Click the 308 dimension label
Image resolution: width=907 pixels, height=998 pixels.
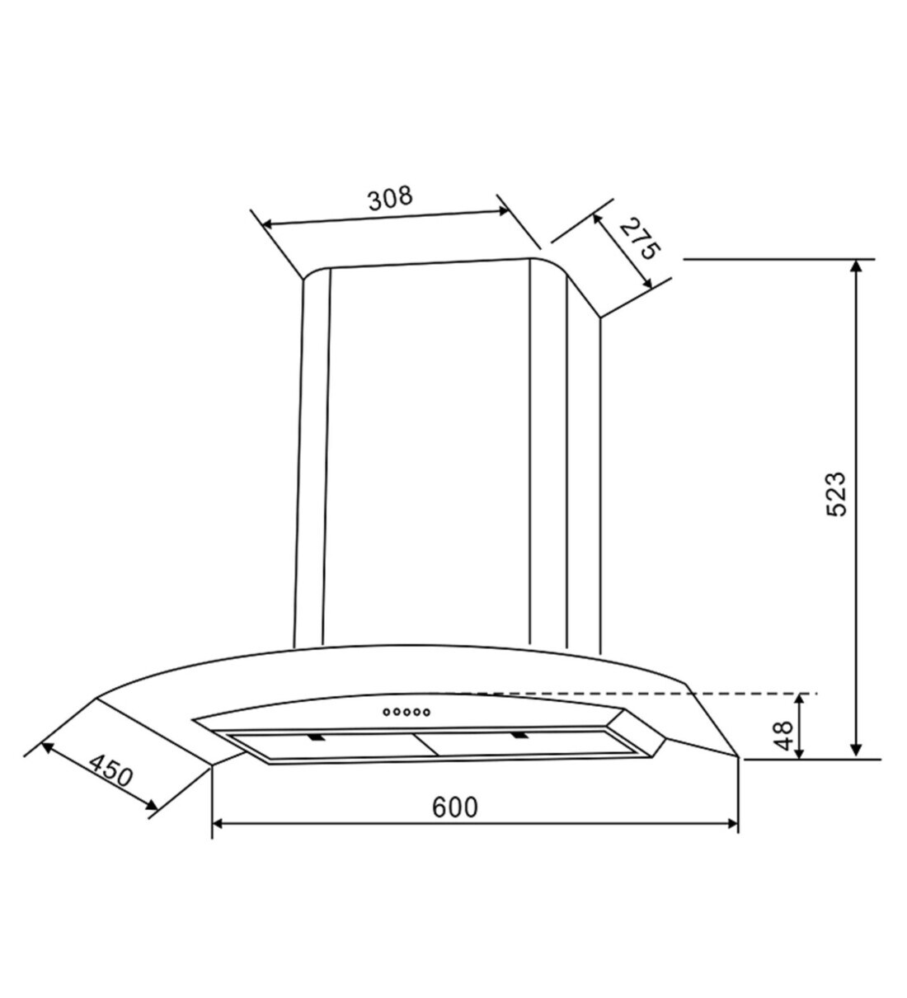(389, 199)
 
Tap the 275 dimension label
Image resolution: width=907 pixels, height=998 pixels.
(640, 238)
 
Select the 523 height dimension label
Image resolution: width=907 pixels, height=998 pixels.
(835, 494)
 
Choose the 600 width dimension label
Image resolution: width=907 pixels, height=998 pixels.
(455, 807)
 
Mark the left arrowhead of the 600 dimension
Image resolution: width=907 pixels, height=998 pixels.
(219, 823)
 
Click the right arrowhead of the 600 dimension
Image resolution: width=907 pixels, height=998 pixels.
(731, 823)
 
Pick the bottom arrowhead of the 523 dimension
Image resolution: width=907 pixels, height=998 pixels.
(858, 751)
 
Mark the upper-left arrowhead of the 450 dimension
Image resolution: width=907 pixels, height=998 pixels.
(46, 747)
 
